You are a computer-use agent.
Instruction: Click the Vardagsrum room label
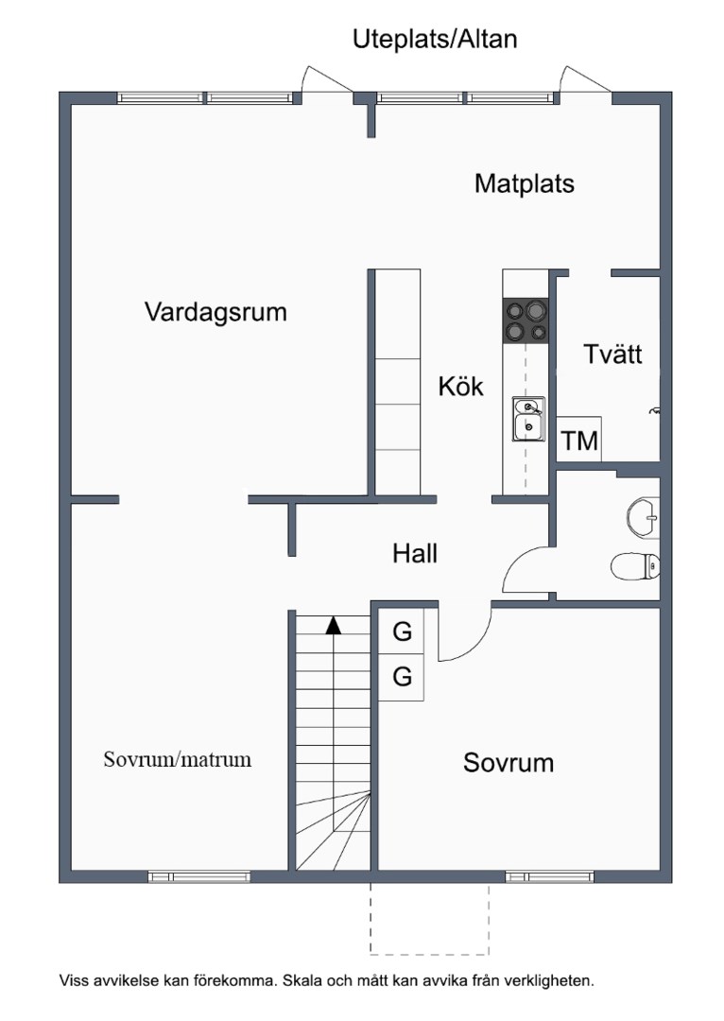coord(215,312)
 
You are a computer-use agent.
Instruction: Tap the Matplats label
coord(524,183)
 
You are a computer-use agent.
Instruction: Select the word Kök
coord(460,386)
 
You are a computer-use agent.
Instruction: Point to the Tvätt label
coord(612,355)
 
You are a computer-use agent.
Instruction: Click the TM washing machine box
coord(579,440)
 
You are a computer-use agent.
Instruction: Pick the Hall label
coord(415,553)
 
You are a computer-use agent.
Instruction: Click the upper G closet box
coord(403,632)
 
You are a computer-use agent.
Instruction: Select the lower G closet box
coord(403,677)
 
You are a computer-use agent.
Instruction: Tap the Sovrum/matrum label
coord(178,759)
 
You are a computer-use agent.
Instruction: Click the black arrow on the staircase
coord(332,624)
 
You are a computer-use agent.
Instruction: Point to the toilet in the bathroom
coord(634,566)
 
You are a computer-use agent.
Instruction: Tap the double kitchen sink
coord(527,419)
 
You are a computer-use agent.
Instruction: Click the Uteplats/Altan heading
coord(435,39)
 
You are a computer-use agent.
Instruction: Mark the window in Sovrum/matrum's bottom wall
coord(198,876)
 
